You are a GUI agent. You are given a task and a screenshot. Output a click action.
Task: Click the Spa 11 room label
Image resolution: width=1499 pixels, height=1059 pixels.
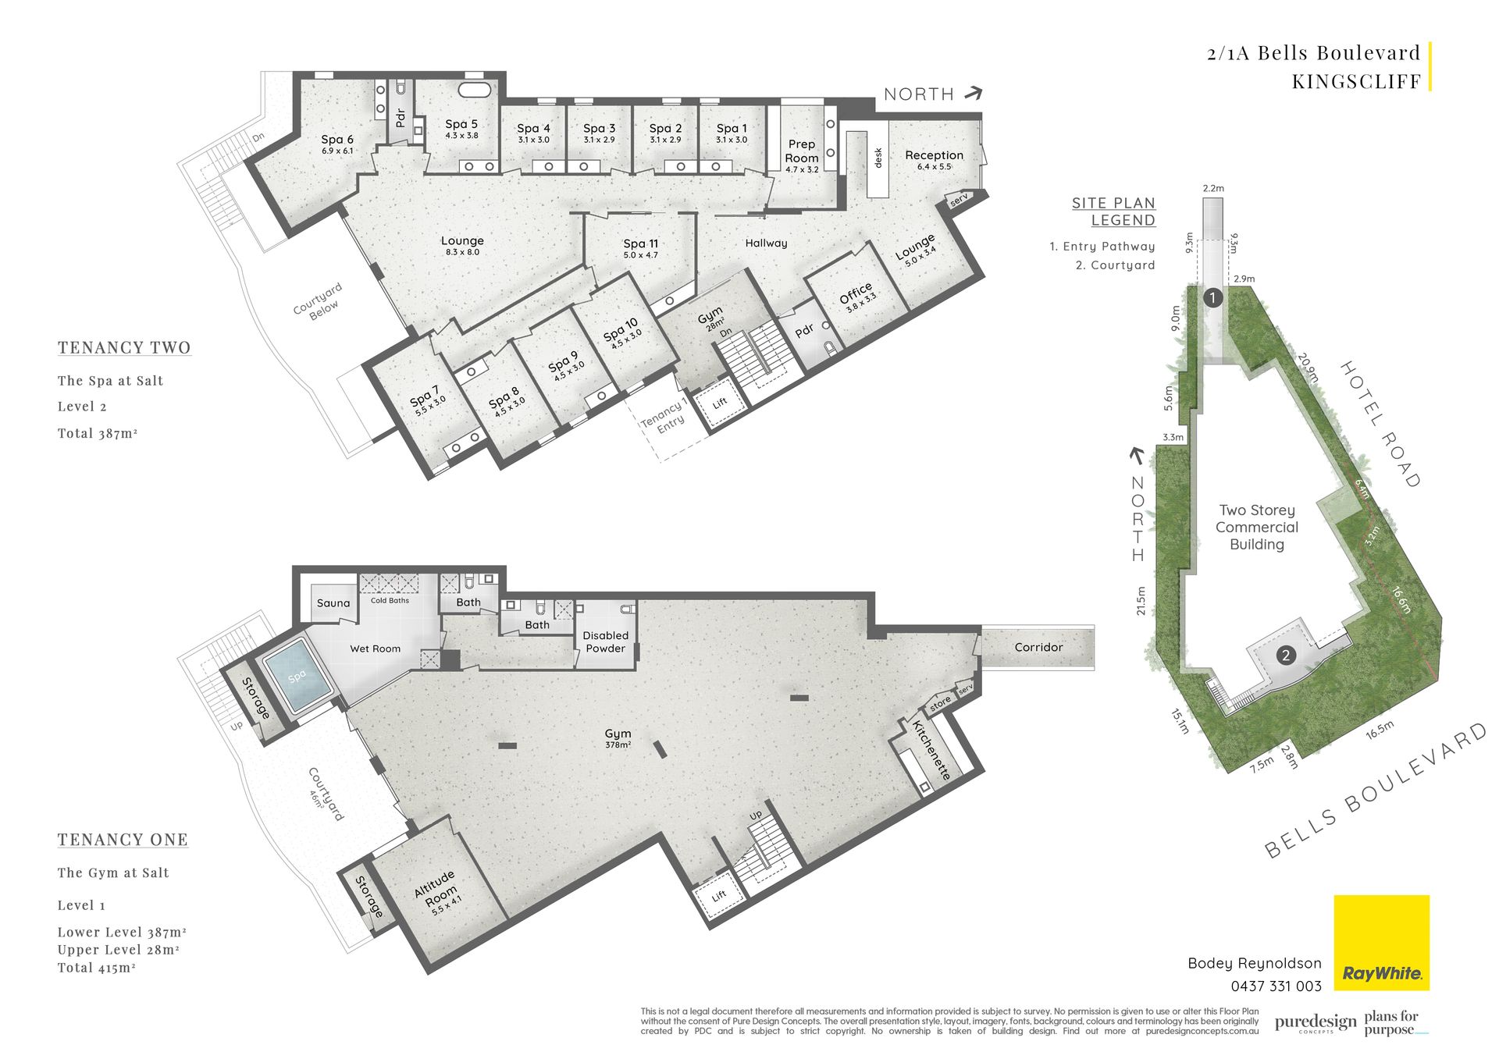click(640, 243)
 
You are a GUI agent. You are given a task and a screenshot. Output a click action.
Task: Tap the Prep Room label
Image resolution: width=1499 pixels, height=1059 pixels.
click(802, 151)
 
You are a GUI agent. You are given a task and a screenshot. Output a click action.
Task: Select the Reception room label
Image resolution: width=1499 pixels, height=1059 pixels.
click(934, 155)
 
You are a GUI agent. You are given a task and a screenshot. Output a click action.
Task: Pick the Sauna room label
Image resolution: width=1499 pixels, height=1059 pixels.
click(333, 603)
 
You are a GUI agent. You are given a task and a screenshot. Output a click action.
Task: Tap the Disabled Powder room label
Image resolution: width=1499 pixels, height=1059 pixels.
click(605, 641)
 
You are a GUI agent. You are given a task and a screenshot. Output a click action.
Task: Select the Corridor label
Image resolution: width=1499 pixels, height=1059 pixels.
click(1038, 647)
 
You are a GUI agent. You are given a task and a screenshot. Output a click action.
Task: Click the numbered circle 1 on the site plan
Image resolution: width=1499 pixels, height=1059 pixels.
click(1212, 297)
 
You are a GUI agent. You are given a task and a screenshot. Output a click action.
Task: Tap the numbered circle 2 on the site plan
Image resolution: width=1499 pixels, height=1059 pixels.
click(1286, 656)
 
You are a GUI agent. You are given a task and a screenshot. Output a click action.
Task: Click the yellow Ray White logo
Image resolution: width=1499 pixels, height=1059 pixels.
click(1381, 942)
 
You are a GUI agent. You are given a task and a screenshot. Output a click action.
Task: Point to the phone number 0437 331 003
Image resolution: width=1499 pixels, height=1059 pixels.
click(1276, 986)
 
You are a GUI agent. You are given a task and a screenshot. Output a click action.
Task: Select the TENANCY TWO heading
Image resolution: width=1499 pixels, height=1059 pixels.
click(124, 347)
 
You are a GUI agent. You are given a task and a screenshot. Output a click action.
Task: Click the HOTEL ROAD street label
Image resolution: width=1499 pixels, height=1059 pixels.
click(1380, 425)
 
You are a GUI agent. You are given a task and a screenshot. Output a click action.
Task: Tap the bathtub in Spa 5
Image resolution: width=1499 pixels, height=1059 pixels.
click(475, 89)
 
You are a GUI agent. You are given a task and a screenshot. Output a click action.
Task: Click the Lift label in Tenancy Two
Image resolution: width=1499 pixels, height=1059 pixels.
click(720, 403)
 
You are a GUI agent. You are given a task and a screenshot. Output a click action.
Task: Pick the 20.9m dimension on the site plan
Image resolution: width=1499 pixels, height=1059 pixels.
click(1309, 368)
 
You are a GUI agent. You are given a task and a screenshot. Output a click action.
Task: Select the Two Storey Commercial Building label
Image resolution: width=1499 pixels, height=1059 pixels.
click(1256, 528)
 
